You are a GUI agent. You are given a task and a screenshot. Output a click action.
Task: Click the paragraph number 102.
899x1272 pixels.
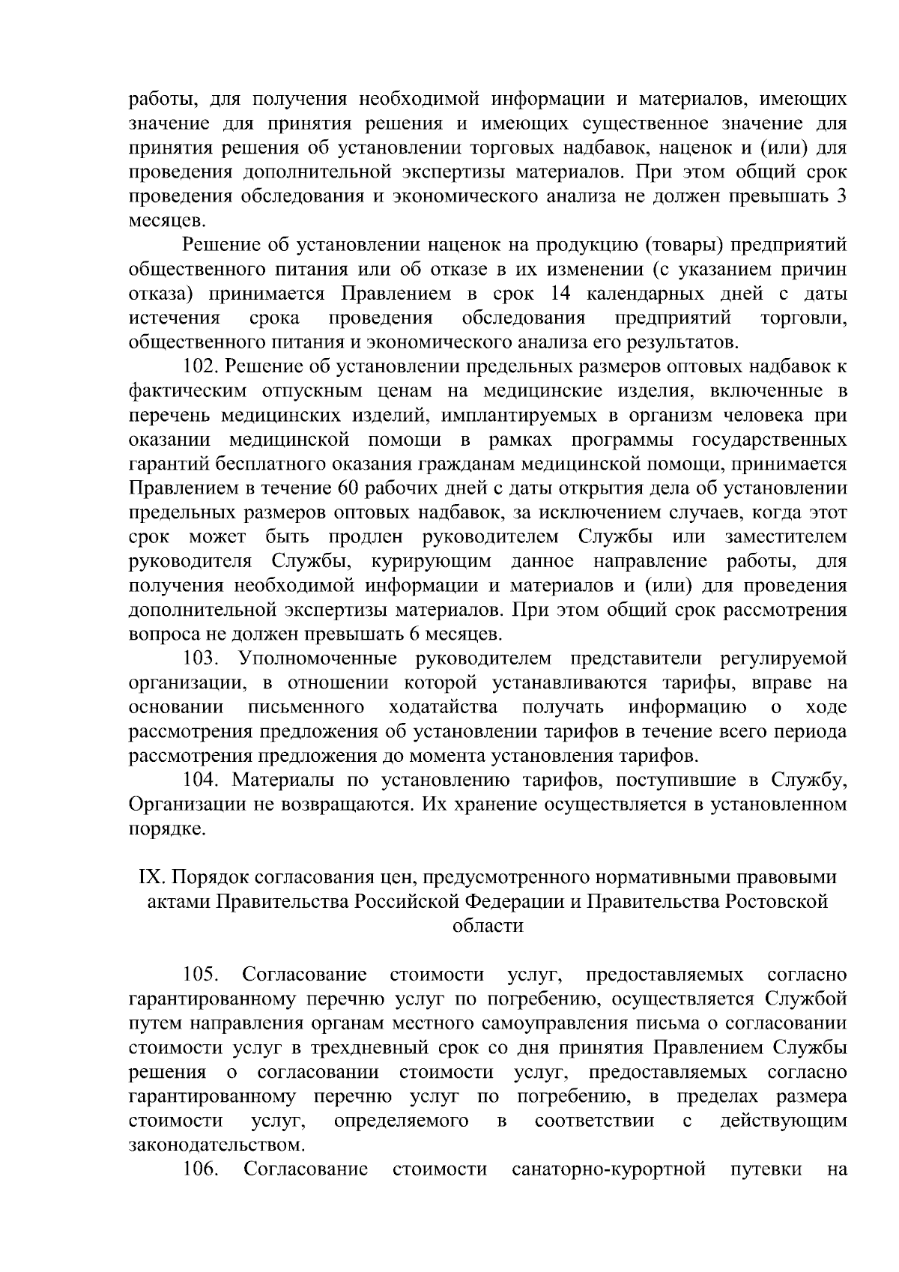point(201,367)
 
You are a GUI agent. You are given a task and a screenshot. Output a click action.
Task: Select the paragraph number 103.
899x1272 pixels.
point(201,658)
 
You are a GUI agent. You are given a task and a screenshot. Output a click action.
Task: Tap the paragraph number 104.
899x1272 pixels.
point(201,780)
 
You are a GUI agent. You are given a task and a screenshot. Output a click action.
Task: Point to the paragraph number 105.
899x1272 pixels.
point(201,975)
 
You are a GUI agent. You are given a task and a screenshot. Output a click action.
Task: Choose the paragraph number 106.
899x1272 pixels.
point(201,1169)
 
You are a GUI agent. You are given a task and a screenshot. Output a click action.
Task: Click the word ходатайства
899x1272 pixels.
point(444,707)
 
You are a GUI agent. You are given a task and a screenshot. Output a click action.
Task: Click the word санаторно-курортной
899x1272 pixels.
point(609,1169)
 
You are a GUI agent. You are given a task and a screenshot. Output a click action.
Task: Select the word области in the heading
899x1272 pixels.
point(488,926)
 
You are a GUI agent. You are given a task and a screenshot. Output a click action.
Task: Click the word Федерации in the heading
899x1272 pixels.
point(518,902)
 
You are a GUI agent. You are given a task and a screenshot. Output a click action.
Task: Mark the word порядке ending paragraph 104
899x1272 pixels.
point(165,829)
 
